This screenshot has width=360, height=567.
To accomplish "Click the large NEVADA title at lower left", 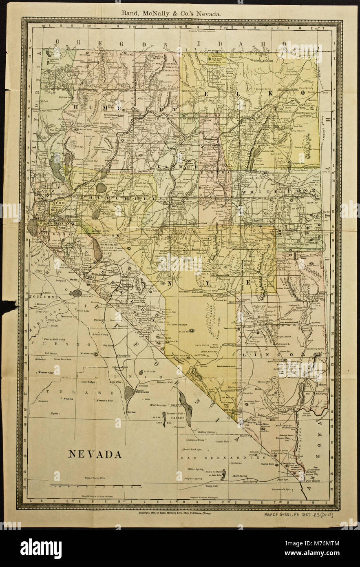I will click(94, 454).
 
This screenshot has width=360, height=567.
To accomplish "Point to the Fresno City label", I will click(46, 372).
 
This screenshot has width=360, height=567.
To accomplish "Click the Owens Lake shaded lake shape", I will click(129, 392).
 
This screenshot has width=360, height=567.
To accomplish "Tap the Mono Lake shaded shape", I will click(76, 293).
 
